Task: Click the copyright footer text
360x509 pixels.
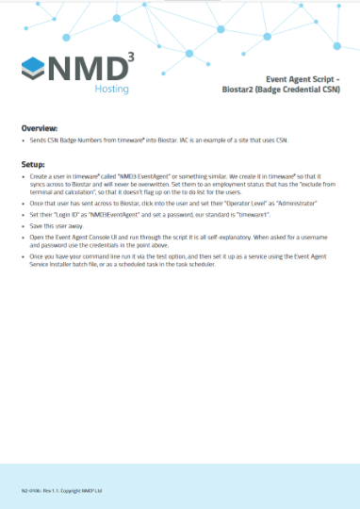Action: coord(60,491)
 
